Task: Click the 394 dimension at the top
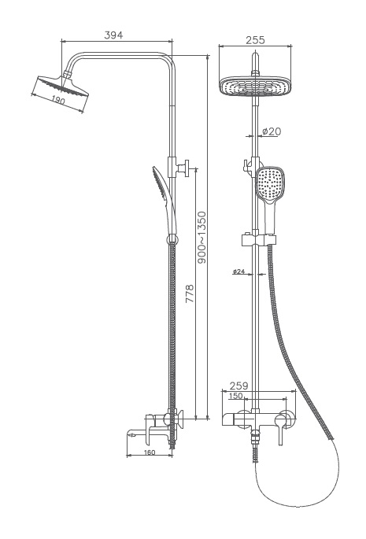pos(114,35)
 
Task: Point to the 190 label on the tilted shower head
pos(57,99)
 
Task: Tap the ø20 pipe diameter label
pos(271,131)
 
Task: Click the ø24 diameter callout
pos(238,271)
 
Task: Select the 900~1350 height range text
pos(201,237)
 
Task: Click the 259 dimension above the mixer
pos(239,386)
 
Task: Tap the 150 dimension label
pos(236,397)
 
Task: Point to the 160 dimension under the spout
pos(150,452)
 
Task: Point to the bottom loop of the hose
pos(299,504)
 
